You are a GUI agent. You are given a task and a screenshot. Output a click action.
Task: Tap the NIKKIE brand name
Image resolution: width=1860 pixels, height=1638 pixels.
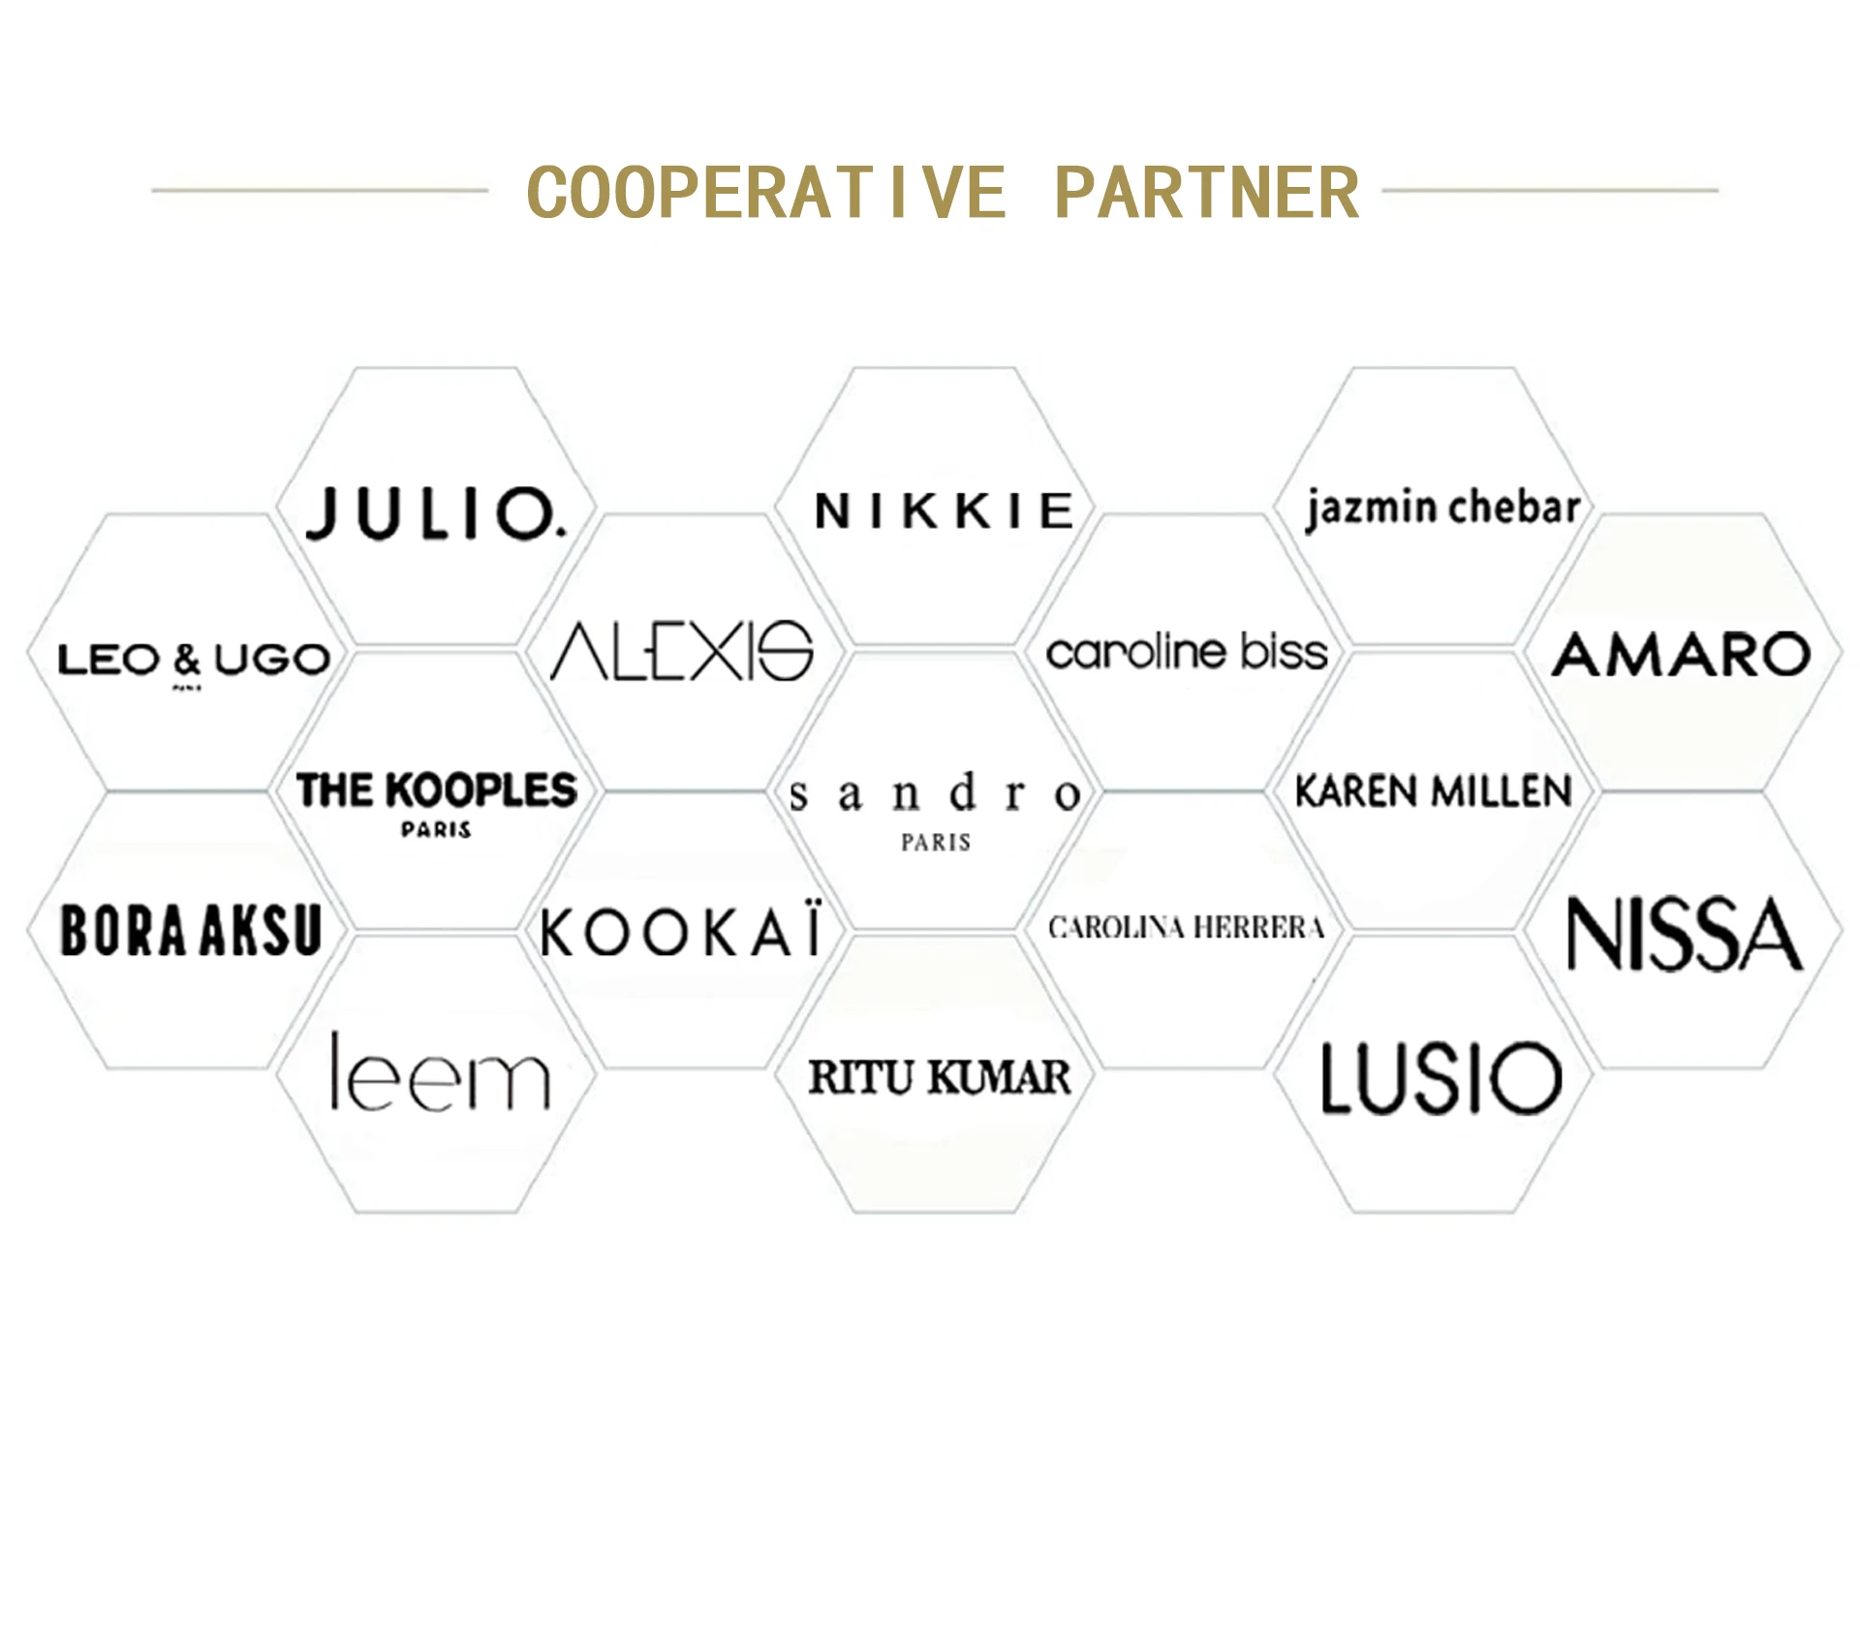click(x=944, y=511)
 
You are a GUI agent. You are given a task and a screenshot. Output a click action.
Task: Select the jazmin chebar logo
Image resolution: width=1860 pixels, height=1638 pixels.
click(x=1442, y=508)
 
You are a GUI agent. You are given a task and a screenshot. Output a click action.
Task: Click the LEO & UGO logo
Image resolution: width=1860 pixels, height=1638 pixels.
click(x=194, y=660)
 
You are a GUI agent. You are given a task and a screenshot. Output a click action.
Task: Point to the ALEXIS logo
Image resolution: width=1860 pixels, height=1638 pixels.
click(x=682, y=651)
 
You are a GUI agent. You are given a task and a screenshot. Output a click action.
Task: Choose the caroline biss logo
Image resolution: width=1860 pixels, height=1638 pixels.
click(x=1187, y=652)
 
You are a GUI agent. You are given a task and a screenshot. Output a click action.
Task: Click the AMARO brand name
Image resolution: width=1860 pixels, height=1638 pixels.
click(x=1681, y=654)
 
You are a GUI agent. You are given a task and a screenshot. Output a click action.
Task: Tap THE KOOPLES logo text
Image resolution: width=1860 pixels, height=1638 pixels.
click(x=437, y=790)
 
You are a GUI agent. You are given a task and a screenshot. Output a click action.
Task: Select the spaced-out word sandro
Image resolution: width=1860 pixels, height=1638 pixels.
click(x=935, y=793)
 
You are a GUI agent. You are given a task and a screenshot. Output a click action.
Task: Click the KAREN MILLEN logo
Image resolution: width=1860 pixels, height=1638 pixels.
click(x=1434, y=791)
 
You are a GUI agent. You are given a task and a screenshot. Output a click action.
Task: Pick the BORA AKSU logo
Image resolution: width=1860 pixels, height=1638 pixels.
click(x=191, y=931)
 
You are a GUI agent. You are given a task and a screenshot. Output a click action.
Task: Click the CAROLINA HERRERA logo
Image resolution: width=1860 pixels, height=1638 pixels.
click(x=1186, y=928)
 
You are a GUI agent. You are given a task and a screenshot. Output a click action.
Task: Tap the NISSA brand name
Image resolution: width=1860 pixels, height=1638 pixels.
click(x=1685, y=934)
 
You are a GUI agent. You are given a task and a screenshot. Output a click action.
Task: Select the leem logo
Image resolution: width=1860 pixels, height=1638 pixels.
click(x=441, y=1072)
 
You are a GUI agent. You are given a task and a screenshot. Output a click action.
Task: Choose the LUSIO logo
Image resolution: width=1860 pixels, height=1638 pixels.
click(x=1441, y=1077)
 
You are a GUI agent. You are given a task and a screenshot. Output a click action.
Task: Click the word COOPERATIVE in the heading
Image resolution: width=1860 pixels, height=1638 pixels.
click(x=766, y=193)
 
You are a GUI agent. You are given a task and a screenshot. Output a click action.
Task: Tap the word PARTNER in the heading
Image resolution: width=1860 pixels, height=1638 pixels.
click(x=1206, y=193)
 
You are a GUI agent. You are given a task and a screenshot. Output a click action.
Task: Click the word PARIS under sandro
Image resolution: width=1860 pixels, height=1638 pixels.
click(x=936, y=843)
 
